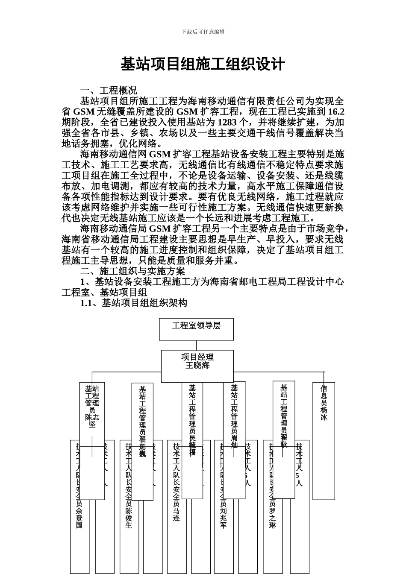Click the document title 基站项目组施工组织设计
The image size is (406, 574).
[203, 65]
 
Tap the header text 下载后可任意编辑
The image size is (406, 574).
[203, 32]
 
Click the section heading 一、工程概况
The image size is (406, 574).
[109, 91]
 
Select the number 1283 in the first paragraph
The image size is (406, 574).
[227, 123]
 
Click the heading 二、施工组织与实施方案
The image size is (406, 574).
[133, 271]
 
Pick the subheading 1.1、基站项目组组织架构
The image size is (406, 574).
[134, 303]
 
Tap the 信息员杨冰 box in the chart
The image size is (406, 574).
[324, 403]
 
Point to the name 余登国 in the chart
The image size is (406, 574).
[79, 518]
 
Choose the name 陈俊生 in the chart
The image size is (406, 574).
[129, 518]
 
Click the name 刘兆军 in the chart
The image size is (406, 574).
[223, 518]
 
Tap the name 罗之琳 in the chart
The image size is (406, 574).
[272, 518]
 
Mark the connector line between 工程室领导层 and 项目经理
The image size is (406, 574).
[197, 345]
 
